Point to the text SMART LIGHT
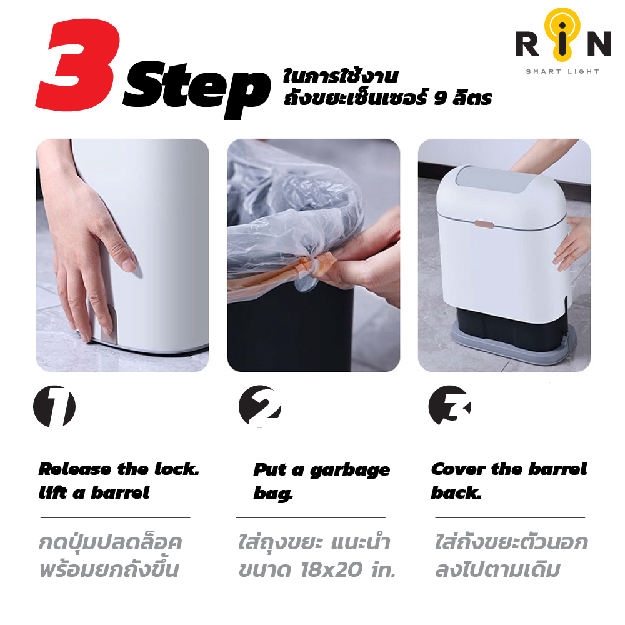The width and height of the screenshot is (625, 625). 562,72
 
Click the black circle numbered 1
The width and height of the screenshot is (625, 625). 54,407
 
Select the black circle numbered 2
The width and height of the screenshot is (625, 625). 260,406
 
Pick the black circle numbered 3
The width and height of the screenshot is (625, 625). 449,406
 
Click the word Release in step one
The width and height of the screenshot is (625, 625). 75,469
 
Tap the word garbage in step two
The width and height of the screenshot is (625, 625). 350,471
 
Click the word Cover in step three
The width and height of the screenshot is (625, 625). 458,469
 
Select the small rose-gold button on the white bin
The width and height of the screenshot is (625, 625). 484,224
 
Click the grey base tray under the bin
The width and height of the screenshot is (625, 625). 514,342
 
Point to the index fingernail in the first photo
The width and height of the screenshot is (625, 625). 129,264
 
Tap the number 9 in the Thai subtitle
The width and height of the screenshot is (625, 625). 440,98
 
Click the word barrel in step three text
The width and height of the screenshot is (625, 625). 557,469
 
